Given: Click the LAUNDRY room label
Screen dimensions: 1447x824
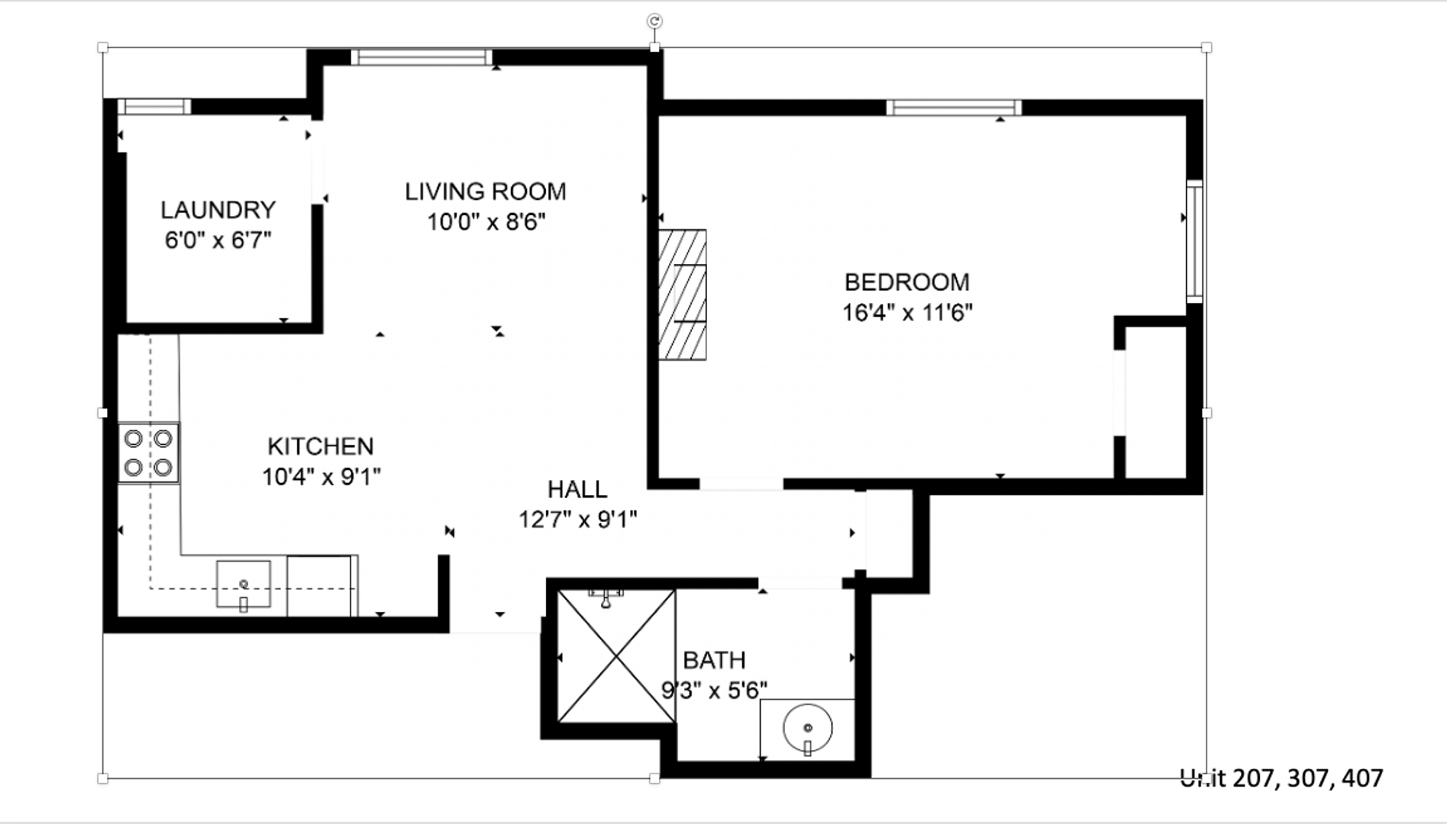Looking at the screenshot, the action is tap(218, 210).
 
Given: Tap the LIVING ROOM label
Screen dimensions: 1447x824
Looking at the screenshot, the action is tap(486, 192).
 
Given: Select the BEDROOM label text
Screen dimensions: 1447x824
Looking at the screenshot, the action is tap(907, 282).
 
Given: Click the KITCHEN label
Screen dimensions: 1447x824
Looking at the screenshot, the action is tap(321, 446).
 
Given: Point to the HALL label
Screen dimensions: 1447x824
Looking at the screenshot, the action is tap(577, 489).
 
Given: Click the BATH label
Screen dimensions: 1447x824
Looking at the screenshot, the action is tap(714, 660).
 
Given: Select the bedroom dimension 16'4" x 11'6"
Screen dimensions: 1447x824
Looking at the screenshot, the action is tap(907, 313).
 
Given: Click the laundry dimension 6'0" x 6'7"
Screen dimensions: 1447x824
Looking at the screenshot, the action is tap(218, 240).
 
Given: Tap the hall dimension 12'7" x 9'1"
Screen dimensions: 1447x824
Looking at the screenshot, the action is tap(578, 520).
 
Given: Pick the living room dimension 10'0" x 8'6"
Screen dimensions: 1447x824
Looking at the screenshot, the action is tap(486, 222).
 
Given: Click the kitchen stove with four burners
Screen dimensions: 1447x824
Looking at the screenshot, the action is tap(149, 453).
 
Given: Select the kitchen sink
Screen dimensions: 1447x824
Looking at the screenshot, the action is tap(244, 584).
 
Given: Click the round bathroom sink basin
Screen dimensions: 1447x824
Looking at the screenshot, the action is tap(807, 728).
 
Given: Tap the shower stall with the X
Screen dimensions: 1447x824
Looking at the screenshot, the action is tap(616, 656).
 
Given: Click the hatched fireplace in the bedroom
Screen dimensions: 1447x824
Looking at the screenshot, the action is tap(682, 295).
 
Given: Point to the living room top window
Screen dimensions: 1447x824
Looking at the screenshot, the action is tap(422, 57).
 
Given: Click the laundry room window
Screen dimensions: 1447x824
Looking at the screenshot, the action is tap(154, 107).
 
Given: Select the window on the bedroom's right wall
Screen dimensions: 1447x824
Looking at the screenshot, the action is tap(1194, 241).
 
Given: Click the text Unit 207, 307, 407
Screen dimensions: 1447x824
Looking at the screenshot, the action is tap(1281, 778).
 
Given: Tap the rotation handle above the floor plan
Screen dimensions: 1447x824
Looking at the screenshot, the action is tap(654, 21).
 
